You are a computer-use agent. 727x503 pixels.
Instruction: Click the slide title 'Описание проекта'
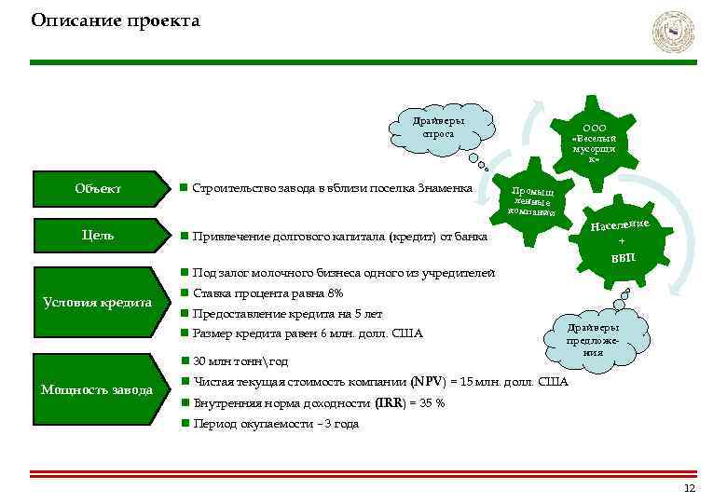pyautogui.click(x=116, y=20)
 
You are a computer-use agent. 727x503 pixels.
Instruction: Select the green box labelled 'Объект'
pyautogui.click(x=98, y=189)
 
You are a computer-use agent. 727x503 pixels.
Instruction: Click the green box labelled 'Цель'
pyautogui.click(x=98, y=236)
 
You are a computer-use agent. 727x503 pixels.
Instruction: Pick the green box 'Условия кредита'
pyautogui.click(x=98, y=303)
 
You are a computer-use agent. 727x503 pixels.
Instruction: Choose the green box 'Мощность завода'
pyautogui.click(x=98, y=389)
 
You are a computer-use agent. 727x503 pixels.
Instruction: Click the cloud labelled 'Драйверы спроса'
pyautogui.click(x=439, y=128)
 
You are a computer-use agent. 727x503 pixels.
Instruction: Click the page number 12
pyautogui.click(x=689, y=489)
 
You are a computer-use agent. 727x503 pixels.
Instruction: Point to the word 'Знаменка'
pyautogui.click(x=446, y=189)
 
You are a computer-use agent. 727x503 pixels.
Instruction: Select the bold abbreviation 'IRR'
pyautogui.click(x=389, y=403)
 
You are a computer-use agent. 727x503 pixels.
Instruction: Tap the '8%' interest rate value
pyautogui.click(x=336, y=294)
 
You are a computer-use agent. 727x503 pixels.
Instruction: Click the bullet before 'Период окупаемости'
pyautogui.click(x=185, y=424)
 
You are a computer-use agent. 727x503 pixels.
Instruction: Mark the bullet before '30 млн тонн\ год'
pyautogui.click(x=185, y=361)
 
